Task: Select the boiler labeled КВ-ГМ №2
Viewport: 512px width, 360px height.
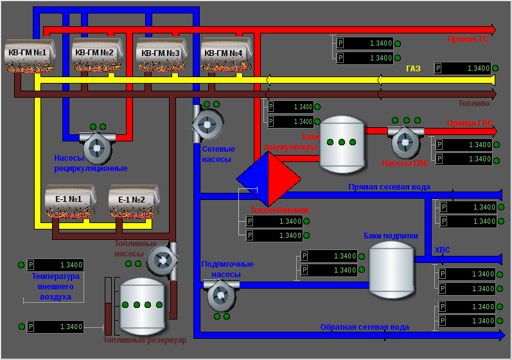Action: point(94,57)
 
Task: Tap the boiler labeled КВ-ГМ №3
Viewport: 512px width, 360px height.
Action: point(160,57)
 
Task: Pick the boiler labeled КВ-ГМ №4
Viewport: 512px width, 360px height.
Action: point(222,57)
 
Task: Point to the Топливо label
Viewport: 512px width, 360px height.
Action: point(474,103)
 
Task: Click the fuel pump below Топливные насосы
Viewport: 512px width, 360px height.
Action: point(161,260)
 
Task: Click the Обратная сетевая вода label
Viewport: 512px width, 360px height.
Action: point(364,327)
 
